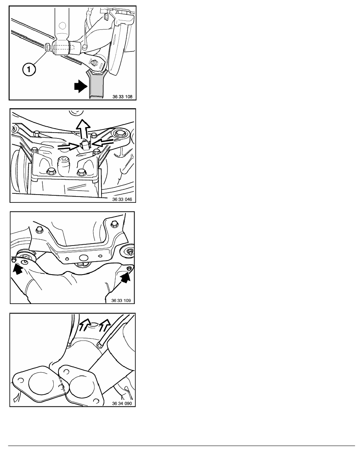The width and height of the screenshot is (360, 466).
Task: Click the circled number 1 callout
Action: pyautogui.click(x=29, y=69)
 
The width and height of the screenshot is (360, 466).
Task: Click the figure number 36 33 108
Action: pyautogui.click(x=122, y=96)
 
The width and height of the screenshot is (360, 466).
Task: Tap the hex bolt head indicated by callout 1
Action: pyautogui.click(x=47, y=47)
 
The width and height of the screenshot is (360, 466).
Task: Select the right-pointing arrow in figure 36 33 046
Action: pyautogui.click(x=69, y=146)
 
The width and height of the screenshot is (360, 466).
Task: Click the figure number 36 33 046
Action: pyautogui.click(x=122, y=199)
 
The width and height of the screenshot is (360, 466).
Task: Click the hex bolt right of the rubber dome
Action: pyautogui.click(x=81, y=172)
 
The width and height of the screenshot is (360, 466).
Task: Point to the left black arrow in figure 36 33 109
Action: pyautogui.click(x=18, y=269)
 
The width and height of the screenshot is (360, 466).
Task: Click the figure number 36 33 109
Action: pyautogui.click(x=121, y=300)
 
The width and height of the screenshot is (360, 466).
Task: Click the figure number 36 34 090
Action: pyautogui.click(x=122, y=403)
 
